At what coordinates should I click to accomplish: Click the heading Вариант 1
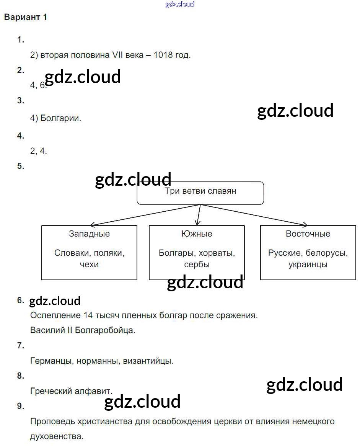pos(26,17)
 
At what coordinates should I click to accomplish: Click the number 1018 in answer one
pos(164,55)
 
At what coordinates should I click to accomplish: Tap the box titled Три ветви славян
pos(200,193)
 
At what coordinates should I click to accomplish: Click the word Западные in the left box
pos(89,234)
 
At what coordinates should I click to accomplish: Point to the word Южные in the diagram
pos(197,234)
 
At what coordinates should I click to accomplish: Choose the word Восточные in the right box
pos(308,234)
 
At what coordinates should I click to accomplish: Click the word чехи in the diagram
pos(89,264)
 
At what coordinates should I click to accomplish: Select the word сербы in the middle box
pos(197,264)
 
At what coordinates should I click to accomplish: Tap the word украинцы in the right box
pos(308,264)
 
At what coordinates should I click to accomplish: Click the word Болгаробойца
pos(105,330)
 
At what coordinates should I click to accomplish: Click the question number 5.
pos(21,166)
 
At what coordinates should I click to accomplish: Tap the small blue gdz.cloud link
pos(180,4)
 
